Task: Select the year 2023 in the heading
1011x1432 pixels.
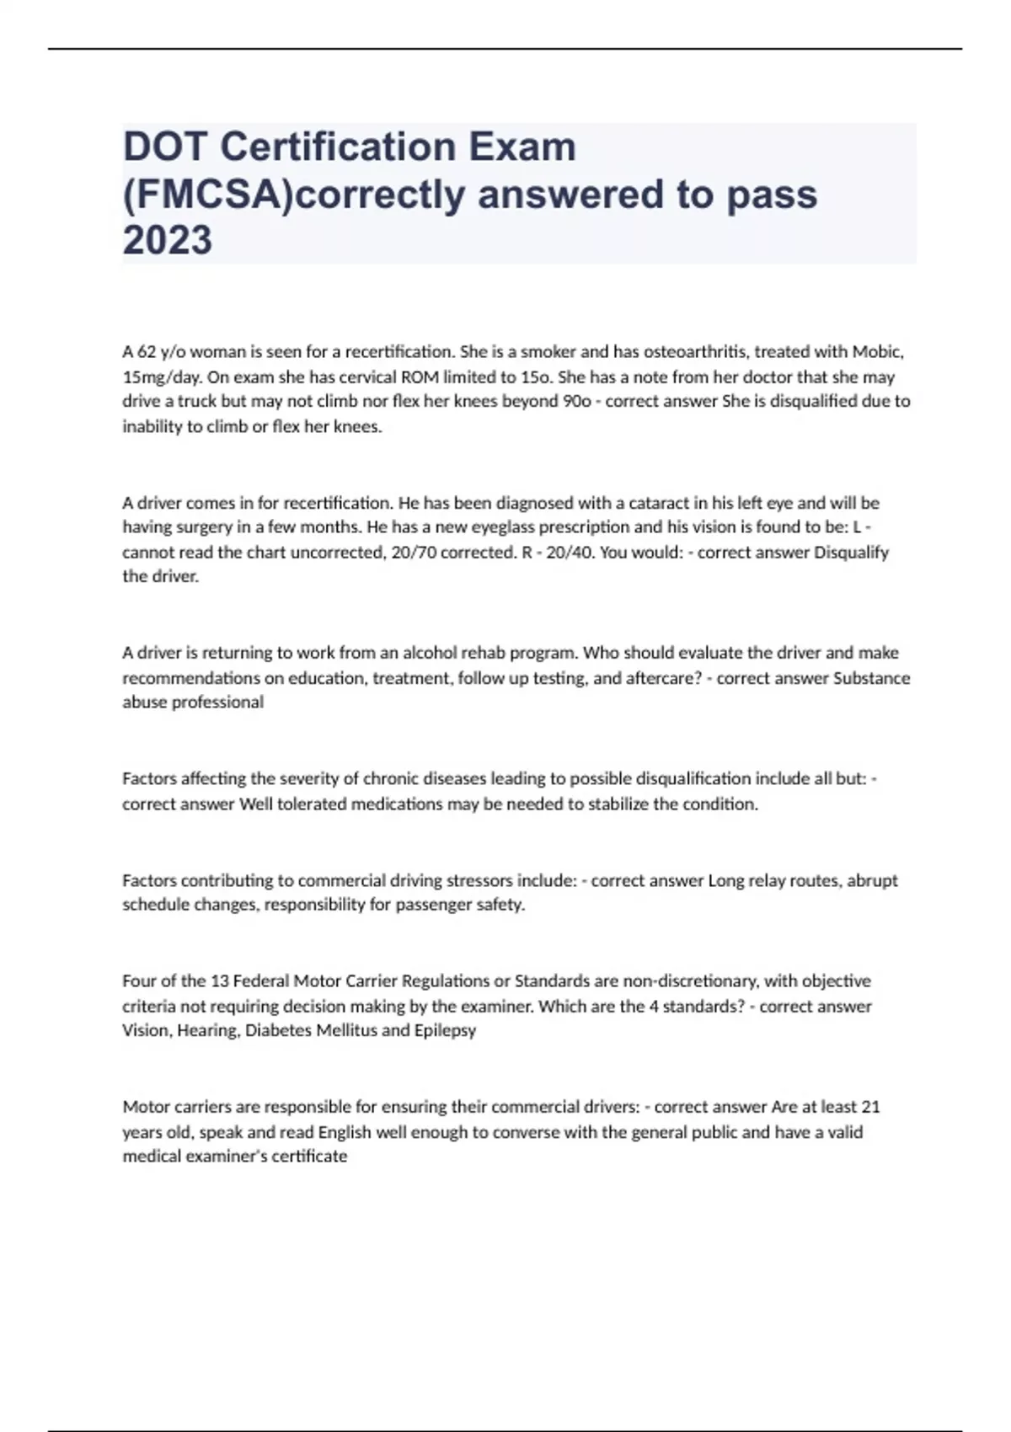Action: point(168,240)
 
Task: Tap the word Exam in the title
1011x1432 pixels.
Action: point(522,147)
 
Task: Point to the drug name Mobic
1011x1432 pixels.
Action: point(877,352)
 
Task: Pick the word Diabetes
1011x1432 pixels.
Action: point(278,1030)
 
